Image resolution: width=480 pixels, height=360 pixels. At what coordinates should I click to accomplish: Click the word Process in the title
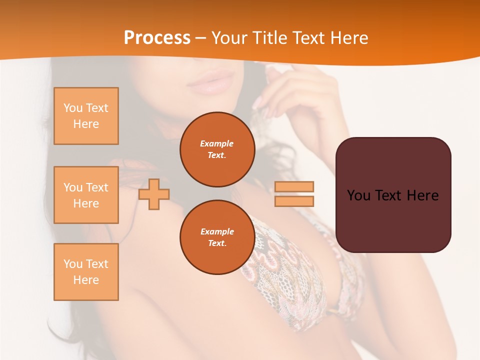157,38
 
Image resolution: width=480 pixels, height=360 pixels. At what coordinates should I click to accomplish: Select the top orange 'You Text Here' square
86,116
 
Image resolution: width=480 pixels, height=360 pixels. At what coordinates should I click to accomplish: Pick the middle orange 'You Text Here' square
86,195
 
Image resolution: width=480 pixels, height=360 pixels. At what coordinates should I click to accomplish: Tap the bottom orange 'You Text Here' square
86,272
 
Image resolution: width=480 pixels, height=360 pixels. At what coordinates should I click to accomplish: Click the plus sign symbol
154,194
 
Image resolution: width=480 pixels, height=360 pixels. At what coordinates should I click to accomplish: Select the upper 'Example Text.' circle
217,149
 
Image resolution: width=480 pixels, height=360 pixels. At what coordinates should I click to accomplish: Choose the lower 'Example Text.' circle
217,237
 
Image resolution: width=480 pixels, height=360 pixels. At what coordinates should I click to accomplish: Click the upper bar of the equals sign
294,186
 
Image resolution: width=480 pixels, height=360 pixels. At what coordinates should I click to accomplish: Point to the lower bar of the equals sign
294,201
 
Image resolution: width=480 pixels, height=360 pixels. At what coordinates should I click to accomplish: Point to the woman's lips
210,83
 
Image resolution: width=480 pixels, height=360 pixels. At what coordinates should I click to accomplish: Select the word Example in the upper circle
217,143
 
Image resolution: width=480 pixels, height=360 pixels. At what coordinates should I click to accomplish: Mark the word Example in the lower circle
217,231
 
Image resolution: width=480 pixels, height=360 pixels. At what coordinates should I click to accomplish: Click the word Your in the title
229,38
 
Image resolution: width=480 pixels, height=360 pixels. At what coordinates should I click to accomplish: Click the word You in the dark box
358,195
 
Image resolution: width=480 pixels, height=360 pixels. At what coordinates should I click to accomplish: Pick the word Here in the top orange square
86,124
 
